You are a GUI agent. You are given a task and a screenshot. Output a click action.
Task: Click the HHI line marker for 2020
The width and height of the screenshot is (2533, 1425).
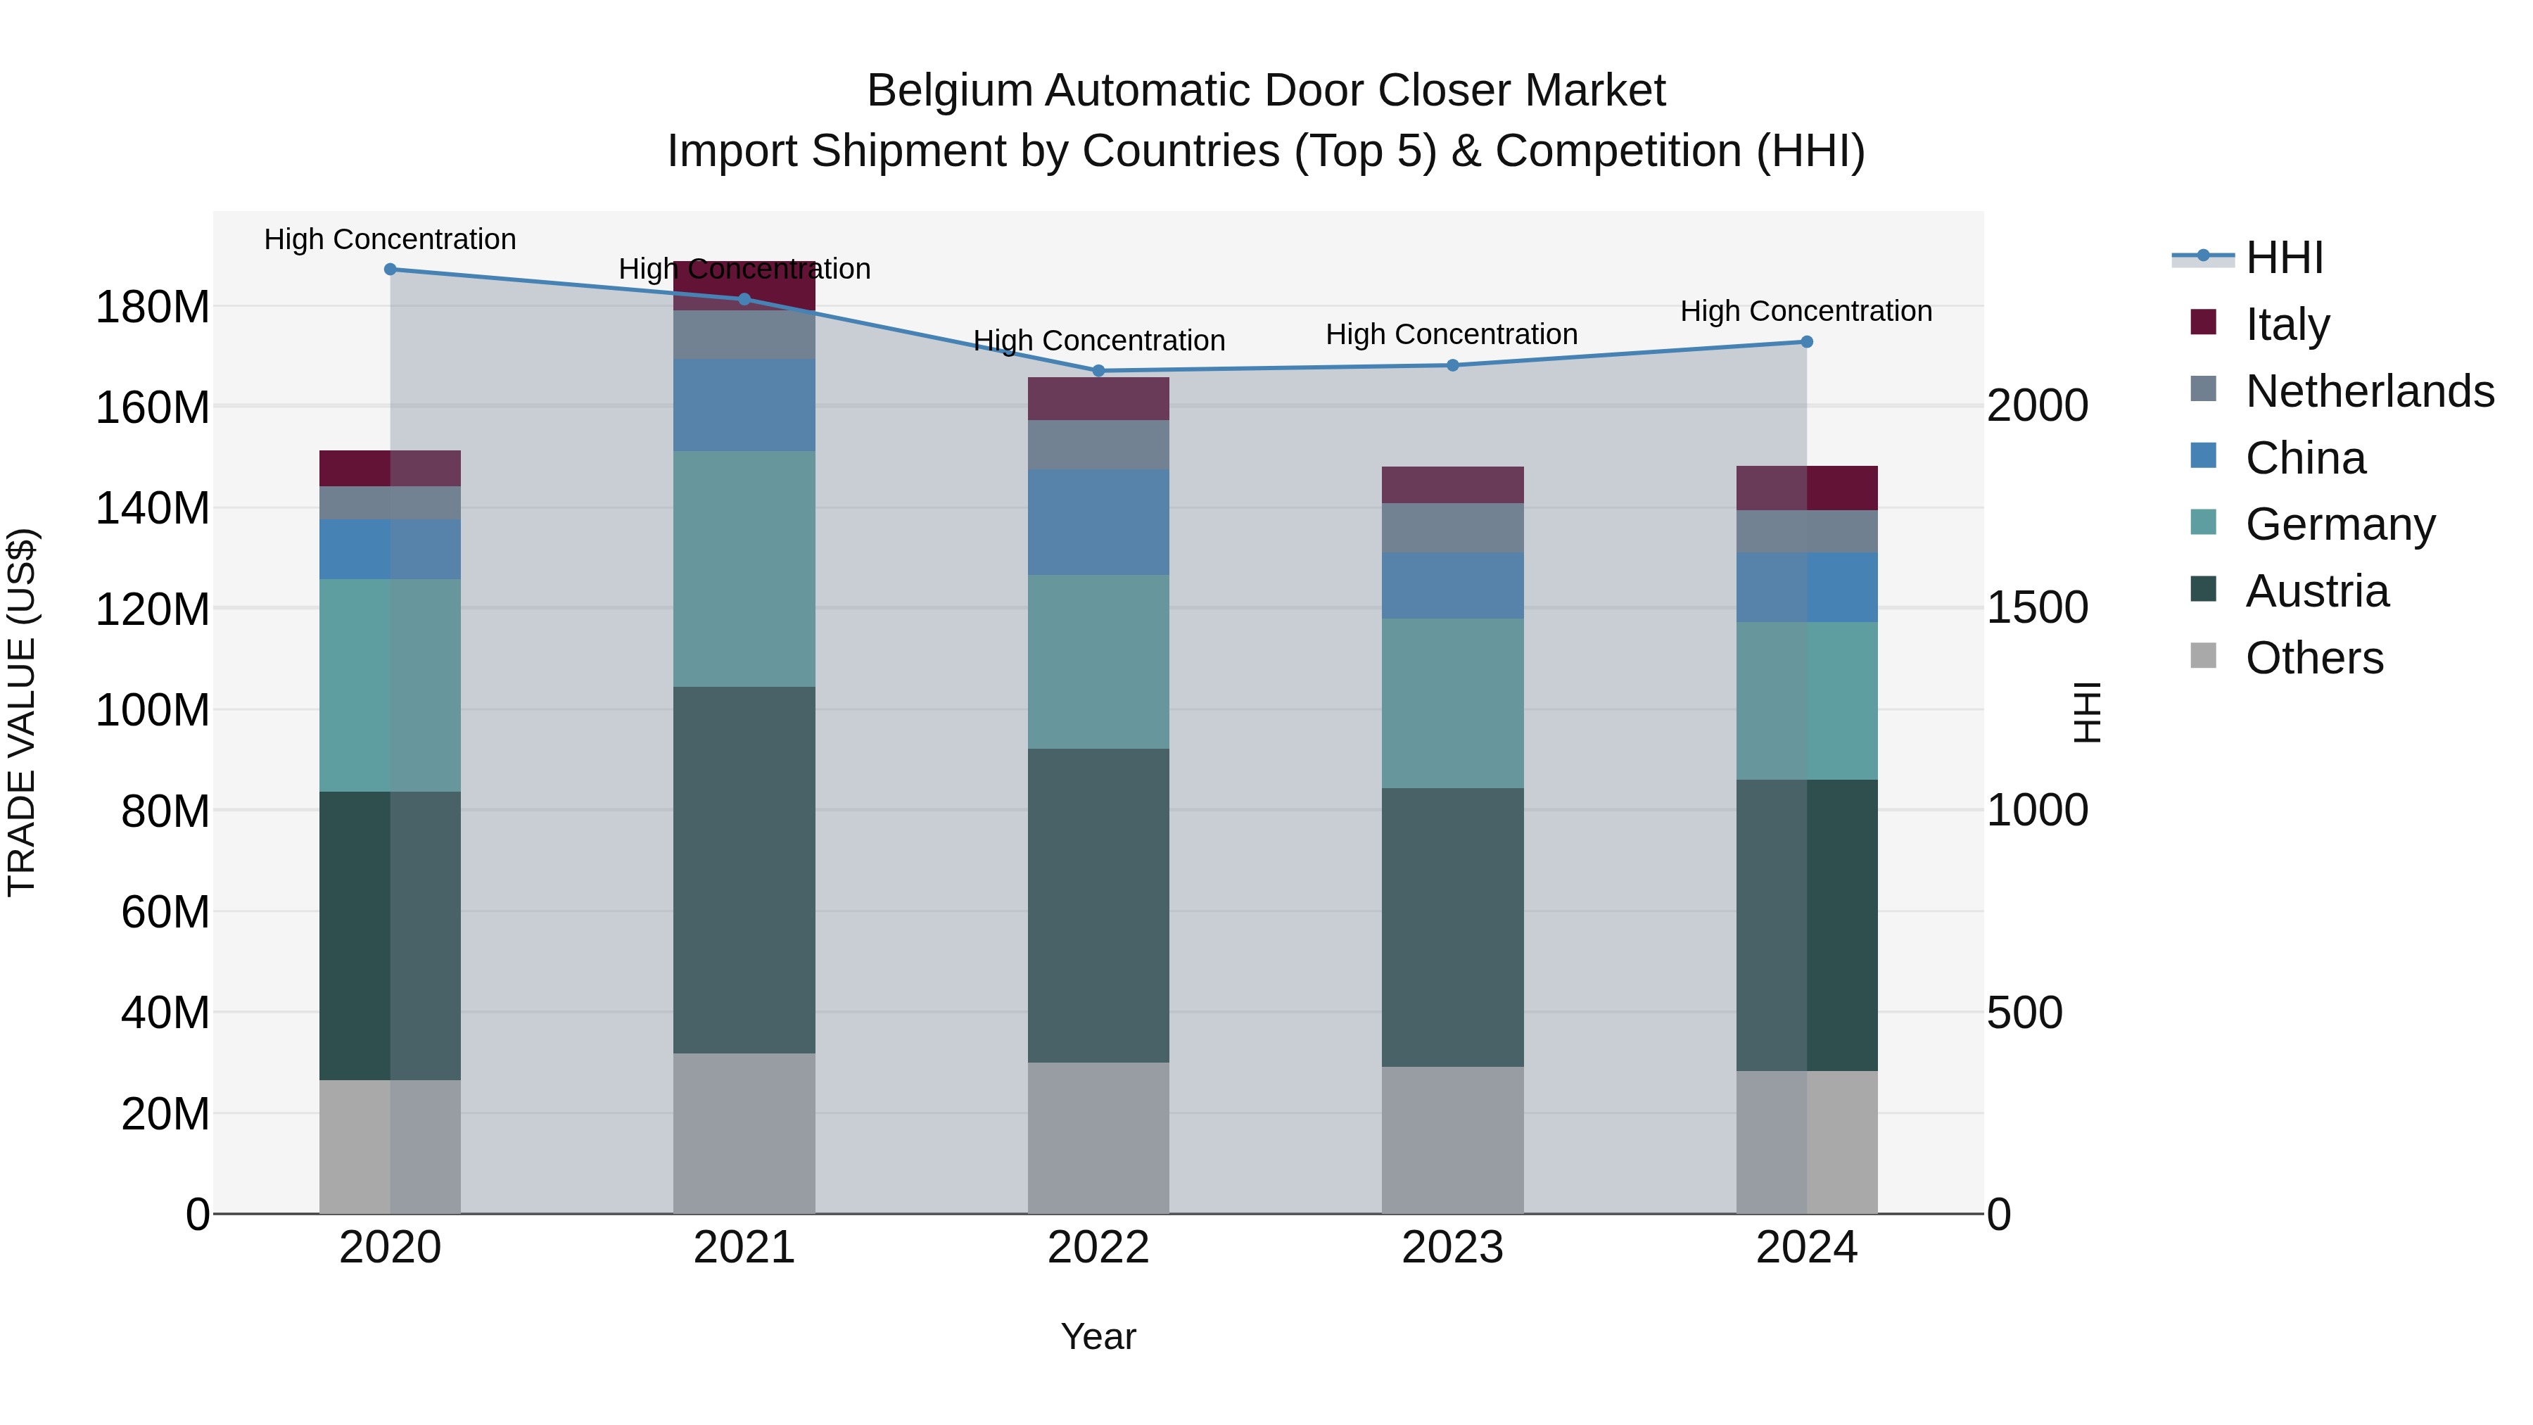click(x=391, y=270)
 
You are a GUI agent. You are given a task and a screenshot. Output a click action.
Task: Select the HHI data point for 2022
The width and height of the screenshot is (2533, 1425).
click(x=1098, y=371)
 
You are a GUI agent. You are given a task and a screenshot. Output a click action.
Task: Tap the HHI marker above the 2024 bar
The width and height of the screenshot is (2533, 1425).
click(x=1806, y=342)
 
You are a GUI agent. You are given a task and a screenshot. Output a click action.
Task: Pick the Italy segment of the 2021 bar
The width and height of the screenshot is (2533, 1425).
click(x=744, y=285)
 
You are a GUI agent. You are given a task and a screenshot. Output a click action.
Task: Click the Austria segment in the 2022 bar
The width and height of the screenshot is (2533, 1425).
click(x=1098, y=905)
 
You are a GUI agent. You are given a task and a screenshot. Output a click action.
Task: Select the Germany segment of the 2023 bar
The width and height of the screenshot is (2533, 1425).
click(x=1452, y=702)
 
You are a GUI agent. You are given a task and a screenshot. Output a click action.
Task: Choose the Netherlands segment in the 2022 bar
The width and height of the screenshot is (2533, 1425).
click(x=1098, y=445)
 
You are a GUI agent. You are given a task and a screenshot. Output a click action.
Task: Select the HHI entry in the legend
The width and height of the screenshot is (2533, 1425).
click(x=2284, y=258)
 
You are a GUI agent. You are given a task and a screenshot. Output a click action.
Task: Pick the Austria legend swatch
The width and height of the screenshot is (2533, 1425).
click(x=2204, y=590)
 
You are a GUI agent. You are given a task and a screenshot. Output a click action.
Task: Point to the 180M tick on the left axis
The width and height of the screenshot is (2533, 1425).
click(x=153, y=308)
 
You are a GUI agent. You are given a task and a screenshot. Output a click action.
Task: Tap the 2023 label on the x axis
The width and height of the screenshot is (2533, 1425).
click(x=1452, y=1248)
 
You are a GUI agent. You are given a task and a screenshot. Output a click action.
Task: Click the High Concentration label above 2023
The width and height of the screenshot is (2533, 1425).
click(x=1452, y=334)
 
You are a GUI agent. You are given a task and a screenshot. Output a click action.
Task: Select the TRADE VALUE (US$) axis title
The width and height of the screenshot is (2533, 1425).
click(x=22, y=712)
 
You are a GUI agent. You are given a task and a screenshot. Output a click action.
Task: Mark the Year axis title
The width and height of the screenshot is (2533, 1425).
click(x=1098, y=1336)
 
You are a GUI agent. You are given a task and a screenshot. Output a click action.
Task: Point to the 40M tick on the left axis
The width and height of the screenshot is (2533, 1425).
click(x=165, y=1012)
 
